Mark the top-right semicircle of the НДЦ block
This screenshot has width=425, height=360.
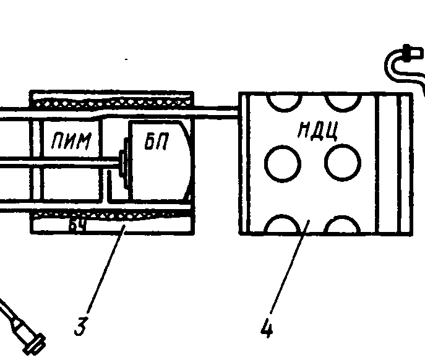click(x=342, y=101)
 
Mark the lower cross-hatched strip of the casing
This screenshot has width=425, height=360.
click(x=111, y=214)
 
